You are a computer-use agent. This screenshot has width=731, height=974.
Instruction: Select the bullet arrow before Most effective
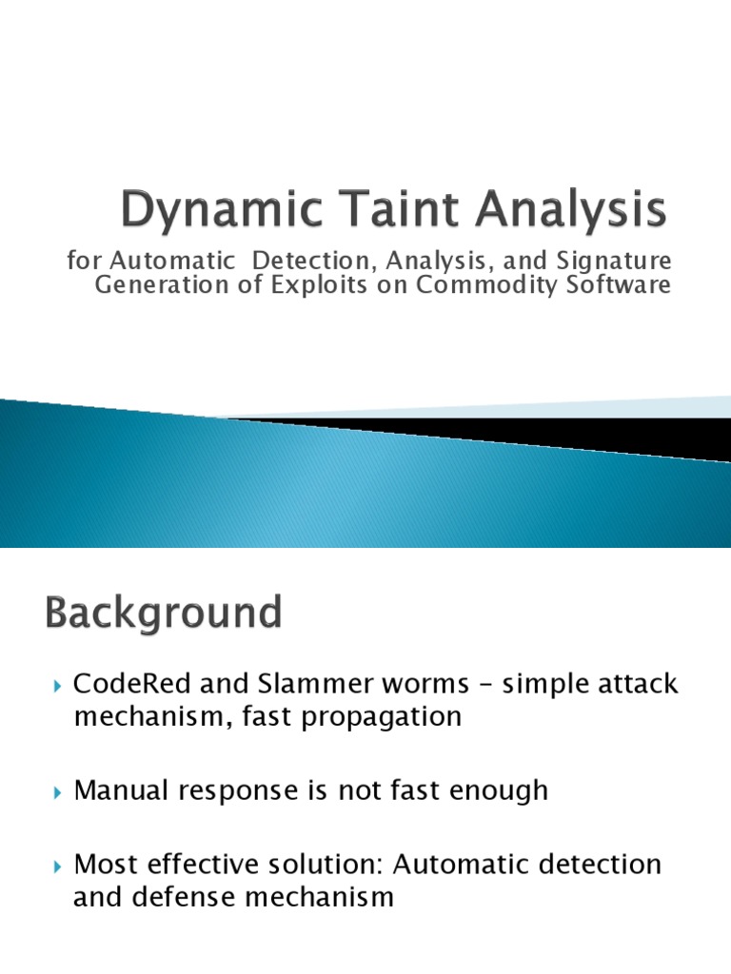(x=57, y=867)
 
